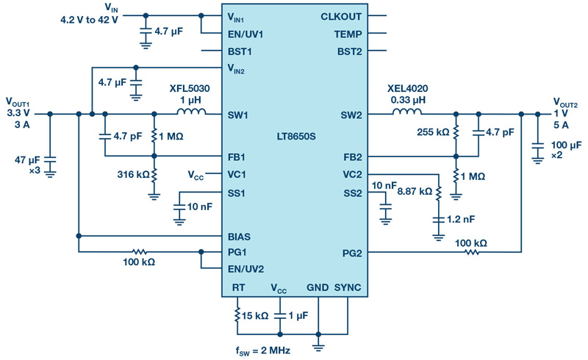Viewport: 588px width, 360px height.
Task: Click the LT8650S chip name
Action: [296, 136]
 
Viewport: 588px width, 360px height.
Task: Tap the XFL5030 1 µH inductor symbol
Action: [191, 112]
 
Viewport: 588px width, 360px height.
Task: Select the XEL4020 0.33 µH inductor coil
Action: [407, 112]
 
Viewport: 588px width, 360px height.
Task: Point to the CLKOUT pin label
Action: [341, 16]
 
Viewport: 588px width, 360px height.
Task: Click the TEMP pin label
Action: [348, 34]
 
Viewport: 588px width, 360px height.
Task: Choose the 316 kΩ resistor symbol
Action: [154, 175]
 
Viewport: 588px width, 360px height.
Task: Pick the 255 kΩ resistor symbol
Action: [456, 132]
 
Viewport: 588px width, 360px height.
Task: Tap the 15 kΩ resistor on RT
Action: [237, 315]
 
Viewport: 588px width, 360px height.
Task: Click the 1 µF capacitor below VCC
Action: [280, 316]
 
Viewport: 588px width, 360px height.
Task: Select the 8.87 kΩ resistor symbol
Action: [438, 192]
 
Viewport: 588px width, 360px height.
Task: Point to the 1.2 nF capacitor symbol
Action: [438, 220]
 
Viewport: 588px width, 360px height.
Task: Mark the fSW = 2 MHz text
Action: [263, 351]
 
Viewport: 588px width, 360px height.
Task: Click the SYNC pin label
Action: [348, 287]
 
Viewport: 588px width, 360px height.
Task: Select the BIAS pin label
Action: [239, 237]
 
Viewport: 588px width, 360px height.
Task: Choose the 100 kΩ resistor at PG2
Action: [472, 253]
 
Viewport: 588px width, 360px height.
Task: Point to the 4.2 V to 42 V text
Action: [89, 20]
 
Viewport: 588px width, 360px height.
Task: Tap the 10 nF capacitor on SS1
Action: [179, 206]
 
